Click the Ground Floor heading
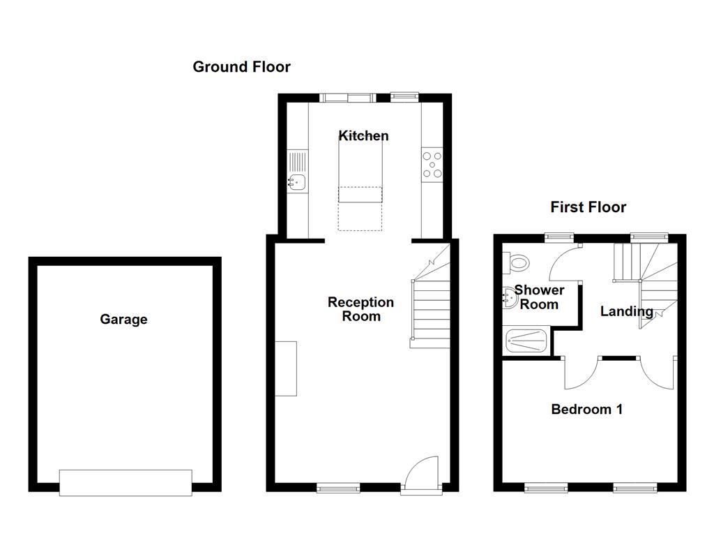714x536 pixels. (x=241, y=67)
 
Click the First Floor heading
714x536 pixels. (x=588, y=207)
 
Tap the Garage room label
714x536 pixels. (x=123, y=320)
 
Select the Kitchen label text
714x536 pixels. (x=363, y=135)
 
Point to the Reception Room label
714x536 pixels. (x=360, y=309)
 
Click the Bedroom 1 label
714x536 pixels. (x=586, y=410)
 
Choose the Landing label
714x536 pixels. (x=627, y=312)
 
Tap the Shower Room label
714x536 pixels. (x=539, y=297)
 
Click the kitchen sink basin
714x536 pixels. (x=297, y=183)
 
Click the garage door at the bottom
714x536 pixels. (x=126, y=482)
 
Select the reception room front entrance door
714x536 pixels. (x=422, y=475)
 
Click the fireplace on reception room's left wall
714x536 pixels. (x=285, y=368)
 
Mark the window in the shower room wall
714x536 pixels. (x=559, y=236)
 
